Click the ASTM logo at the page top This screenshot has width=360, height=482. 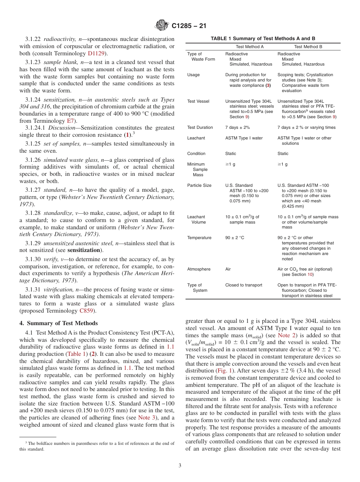click(162, 26)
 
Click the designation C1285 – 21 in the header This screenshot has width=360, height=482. click(188, 26)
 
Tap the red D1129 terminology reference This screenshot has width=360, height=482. click(96, 53)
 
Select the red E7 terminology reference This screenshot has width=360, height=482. click(70, 121)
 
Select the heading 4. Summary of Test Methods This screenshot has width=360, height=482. click(58, 323)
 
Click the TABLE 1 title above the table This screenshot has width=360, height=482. click(263, 39)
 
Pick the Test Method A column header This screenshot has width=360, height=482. click(250, 47)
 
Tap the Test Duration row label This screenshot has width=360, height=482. click(200, 127)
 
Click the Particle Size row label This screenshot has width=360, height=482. click(199, 185)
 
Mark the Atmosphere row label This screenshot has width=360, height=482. click(199, 269)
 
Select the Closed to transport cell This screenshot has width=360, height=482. click(244, 285)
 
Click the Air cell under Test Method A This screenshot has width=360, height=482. click(228, 269)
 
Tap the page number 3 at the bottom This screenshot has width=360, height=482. click(180, 465)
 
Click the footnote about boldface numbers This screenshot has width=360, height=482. click(97, 446)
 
